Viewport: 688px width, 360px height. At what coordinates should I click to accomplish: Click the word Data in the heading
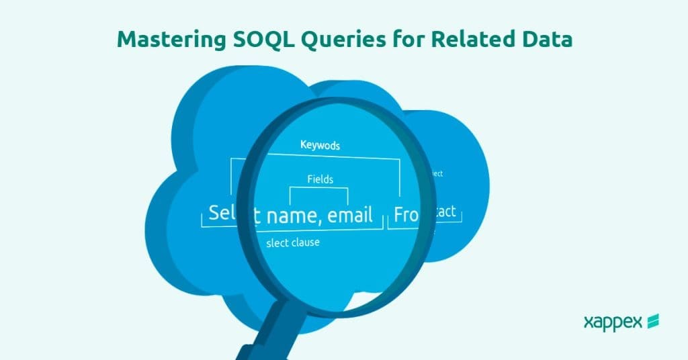[546, 40]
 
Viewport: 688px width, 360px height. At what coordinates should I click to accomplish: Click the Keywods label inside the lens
[320, 144]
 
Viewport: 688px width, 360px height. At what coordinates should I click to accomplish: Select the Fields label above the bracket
[320, 179]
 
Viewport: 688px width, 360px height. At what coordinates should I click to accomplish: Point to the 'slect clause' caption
[293, 242]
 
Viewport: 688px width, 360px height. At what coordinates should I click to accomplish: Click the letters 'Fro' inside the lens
[406, 214]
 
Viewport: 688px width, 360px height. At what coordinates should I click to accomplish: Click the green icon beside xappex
[652, 322]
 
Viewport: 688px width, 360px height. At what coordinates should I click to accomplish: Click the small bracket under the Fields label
[319, 195]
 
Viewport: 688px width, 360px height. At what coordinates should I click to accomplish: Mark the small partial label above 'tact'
[436, 174]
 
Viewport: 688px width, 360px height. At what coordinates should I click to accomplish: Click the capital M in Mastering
[126, 40]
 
